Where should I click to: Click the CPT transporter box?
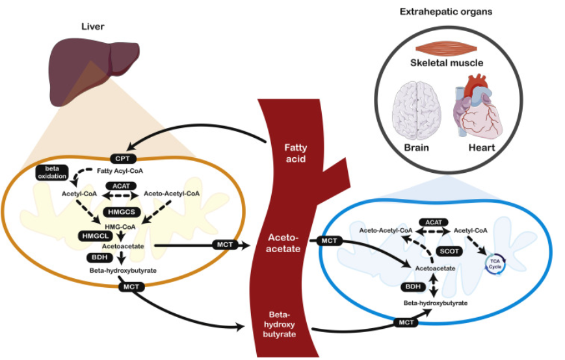point(122,159)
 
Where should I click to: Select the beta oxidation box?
point(52,172)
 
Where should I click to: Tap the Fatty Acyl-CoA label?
point(120,171)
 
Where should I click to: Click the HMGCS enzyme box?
point(122,212)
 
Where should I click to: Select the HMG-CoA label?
point(120,227)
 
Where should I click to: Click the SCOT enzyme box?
point(449,251)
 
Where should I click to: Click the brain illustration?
point(417,110)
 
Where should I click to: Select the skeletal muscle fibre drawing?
point(447,49)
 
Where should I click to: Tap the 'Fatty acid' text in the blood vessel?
point(295,153)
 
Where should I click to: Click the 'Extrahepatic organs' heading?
point(446,12)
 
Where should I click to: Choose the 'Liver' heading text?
point(92,26)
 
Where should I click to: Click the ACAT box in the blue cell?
point(434,222)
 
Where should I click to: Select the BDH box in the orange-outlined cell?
point(99,257)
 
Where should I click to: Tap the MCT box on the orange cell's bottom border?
point(131,287)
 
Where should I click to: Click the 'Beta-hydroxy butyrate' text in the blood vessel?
point(280,324)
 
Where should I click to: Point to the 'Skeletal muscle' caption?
point(447,63)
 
